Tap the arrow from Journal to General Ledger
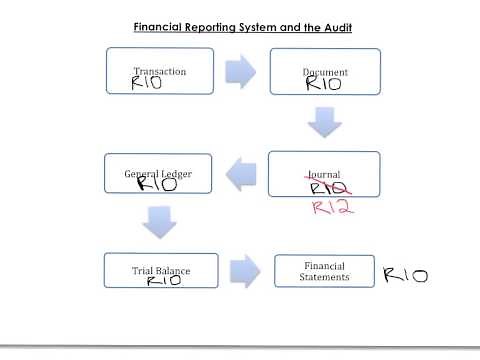coord(241,177)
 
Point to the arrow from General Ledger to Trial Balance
coord(159,223)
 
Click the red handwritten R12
coord(333,207)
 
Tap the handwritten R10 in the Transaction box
coord(154,85)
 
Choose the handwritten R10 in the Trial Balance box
coord(163,282)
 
